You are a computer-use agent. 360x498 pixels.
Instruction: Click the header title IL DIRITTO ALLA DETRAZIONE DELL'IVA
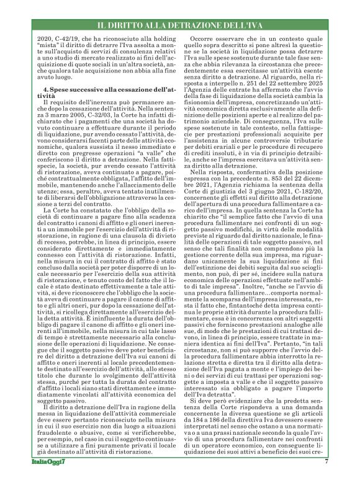tap(180, 24)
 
